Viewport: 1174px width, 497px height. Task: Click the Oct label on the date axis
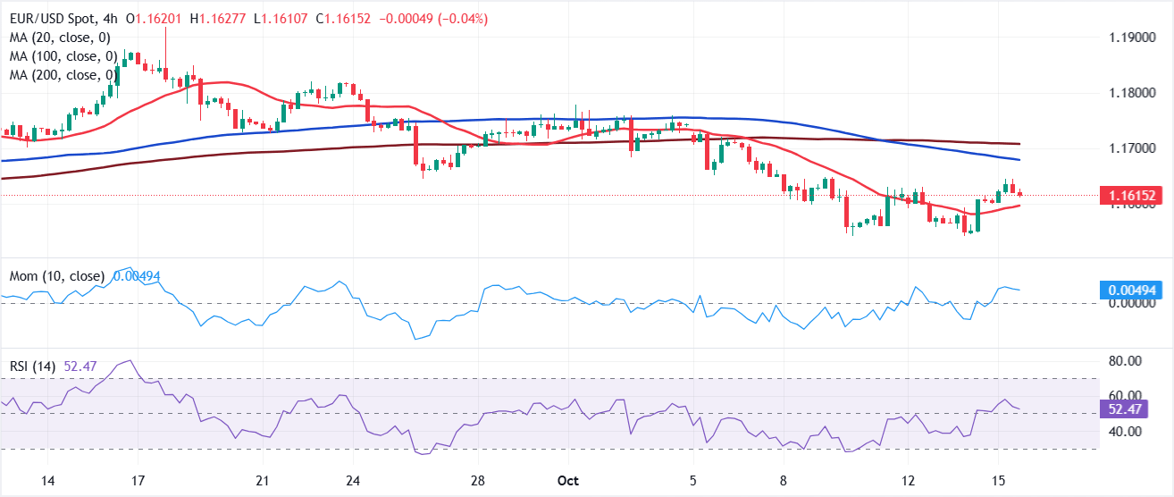[568, 481]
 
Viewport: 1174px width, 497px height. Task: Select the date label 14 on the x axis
[48, 481]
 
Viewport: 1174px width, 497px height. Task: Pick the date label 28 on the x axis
[479, 481]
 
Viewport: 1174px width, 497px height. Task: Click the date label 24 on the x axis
[354, 481]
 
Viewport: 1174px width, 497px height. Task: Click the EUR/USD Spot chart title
[55, 19]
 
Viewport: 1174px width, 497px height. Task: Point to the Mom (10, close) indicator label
[57, 276]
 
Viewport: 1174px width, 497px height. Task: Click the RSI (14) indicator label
[41, 366]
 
